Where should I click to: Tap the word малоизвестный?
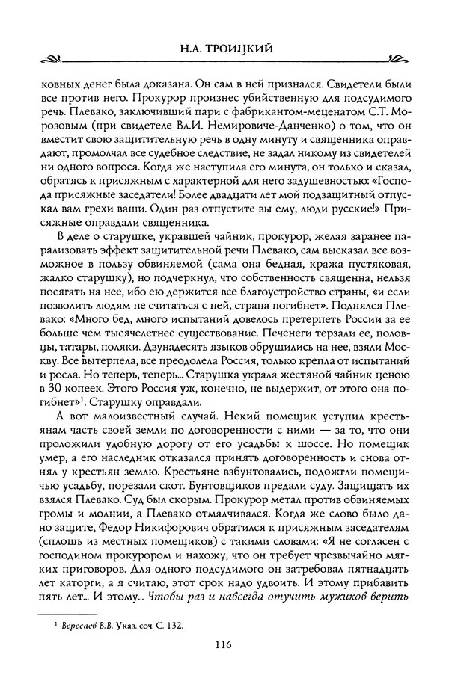[x=116, y=427]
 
